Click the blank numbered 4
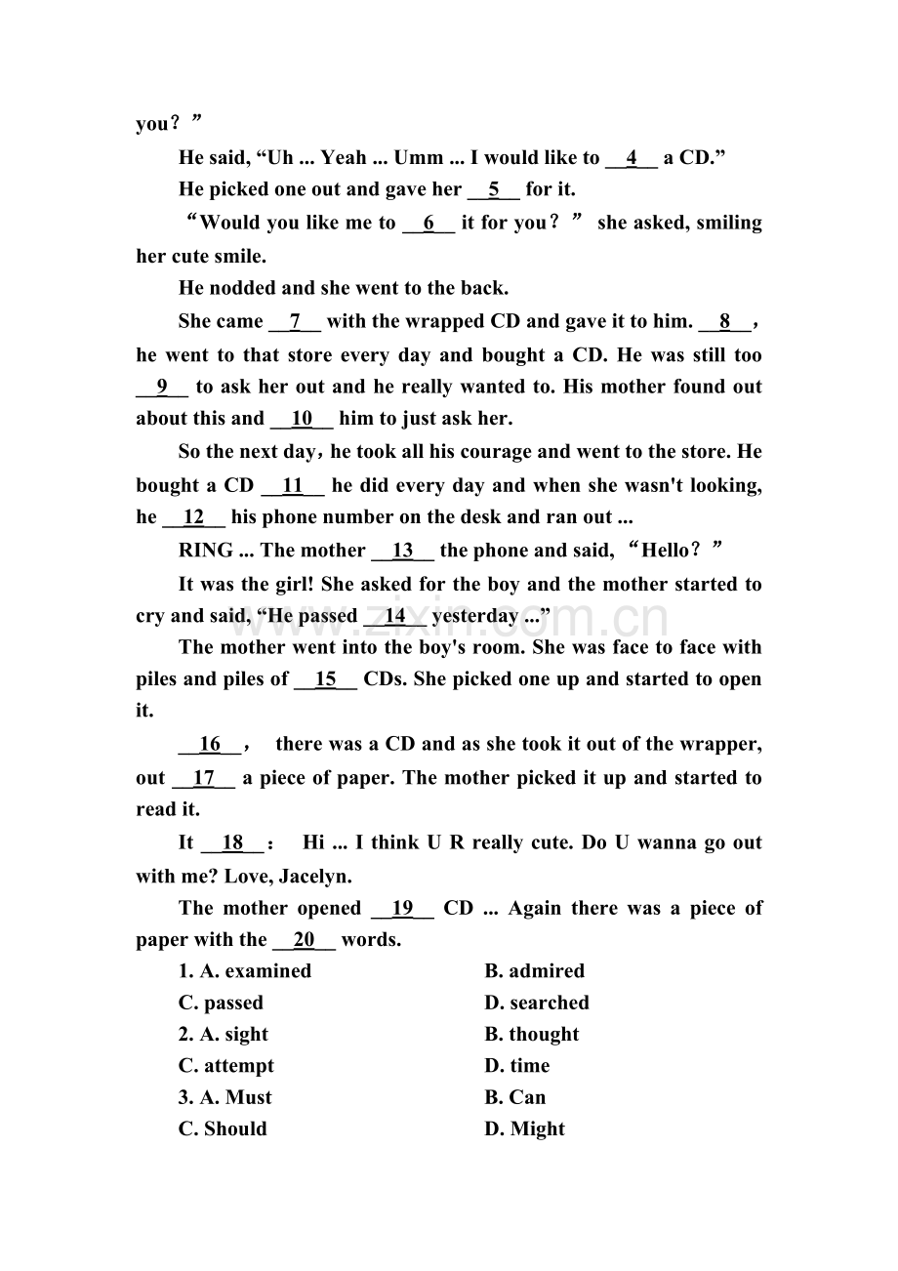(632, 158)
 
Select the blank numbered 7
(294, 322)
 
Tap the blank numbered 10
(301, 419)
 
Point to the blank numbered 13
(402, 551)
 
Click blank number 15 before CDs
(325, 679)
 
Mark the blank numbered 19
(402, 909)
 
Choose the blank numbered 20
(304, 940)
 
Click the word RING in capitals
(206, 551)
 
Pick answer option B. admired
(534, 971)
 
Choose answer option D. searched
(537, 1003)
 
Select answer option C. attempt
(226, 1066)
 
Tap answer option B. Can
(515, 1097)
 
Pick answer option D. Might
(525, 1129)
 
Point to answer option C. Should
(223, 1129)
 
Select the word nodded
(243, 289)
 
